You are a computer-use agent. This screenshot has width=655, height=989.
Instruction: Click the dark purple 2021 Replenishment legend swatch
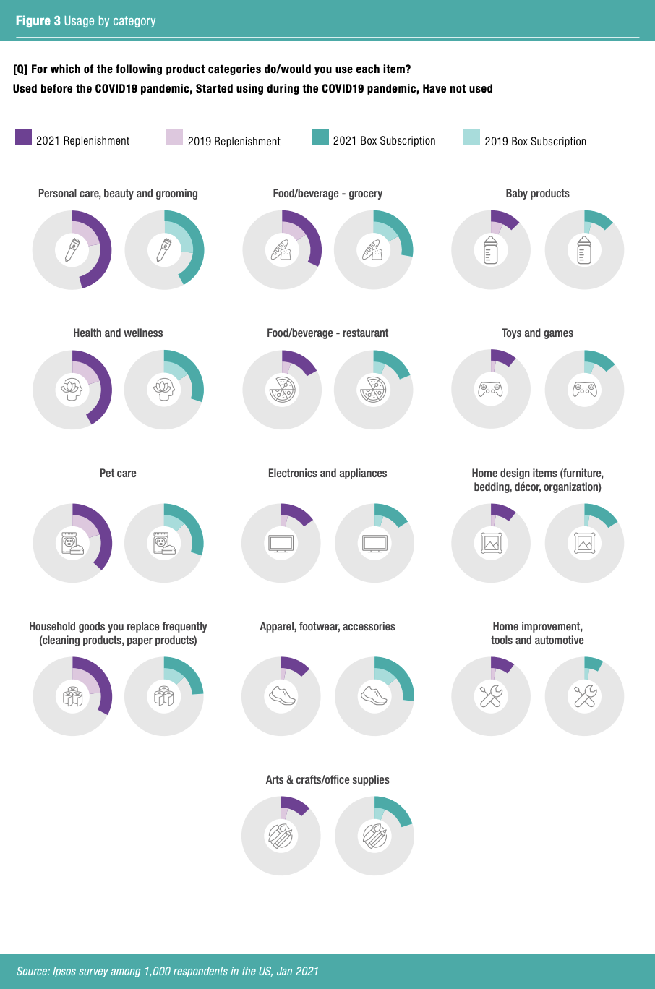[x=23, y=137]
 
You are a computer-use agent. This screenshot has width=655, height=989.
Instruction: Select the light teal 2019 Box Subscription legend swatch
[x=471, y=137]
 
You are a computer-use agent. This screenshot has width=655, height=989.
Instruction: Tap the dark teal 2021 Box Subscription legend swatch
[x=320, y=137]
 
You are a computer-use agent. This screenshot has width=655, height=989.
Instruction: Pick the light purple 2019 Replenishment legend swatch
[x=174, y=137]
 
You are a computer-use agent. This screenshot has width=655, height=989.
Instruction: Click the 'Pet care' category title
[x=118, y=474]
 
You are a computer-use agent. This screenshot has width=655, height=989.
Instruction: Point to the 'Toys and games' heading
[x=537, y=333]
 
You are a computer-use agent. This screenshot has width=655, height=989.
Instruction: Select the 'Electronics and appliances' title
[x=327, y=474]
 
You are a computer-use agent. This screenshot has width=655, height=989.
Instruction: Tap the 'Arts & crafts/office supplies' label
[x=327, y=780]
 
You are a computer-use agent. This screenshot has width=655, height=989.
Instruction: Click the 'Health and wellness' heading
[x=118, y=333]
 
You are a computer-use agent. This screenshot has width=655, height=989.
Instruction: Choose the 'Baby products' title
[x=537, y=194]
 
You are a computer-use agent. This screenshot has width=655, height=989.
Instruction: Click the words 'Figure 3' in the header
[x=38, y=21]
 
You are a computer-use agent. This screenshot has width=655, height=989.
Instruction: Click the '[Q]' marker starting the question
[x=20, y=69]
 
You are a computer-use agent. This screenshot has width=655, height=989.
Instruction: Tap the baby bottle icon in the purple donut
[x=491, y=250]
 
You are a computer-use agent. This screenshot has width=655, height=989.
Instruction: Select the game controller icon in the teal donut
[x=584, y=390]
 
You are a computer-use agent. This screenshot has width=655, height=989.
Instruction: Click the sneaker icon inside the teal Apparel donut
[x=374, y=695]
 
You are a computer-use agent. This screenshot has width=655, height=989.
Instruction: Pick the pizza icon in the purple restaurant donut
[x=281, y=390]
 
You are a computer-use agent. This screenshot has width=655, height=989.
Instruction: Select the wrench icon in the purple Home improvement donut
[x=491, y=695]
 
